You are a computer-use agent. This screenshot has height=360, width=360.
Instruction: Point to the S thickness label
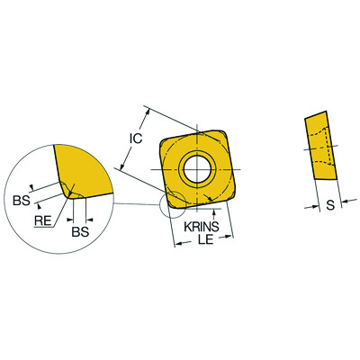click(330, 206)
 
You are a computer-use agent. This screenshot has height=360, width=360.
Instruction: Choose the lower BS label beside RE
click(79, 231)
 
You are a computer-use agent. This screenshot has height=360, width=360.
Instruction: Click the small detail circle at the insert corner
click(167, 205)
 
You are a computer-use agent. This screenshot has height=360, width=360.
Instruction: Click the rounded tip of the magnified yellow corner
click(71, 193)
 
